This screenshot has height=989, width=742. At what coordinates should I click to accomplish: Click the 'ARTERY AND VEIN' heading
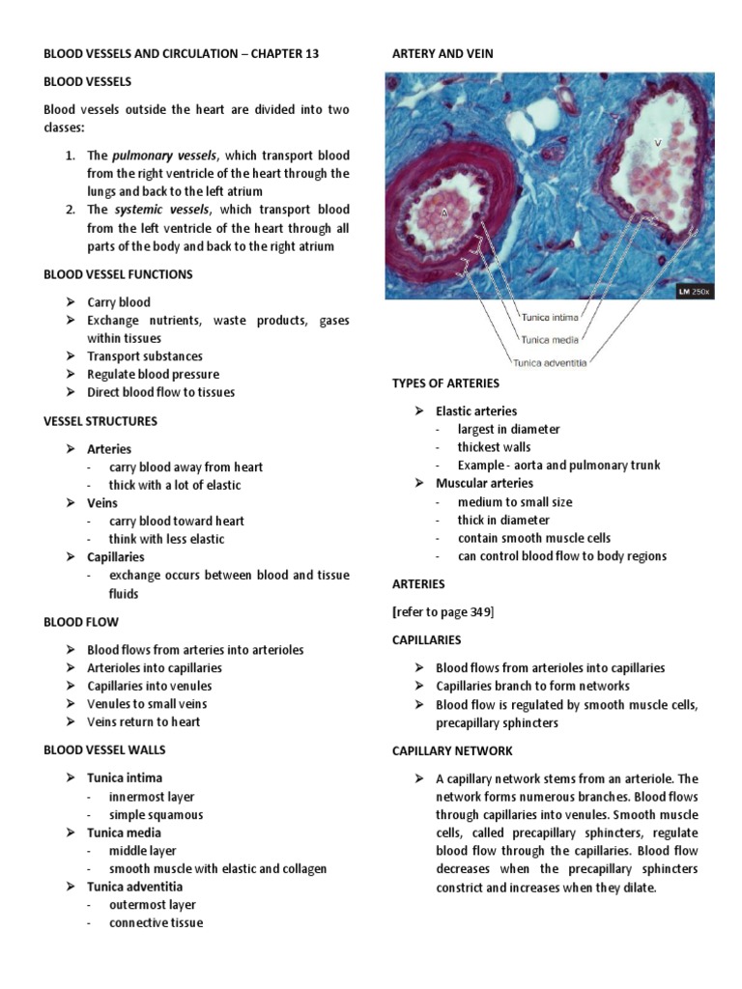[442, 54]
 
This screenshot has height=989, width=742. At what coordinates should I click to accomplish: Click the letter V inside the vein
[657, 143]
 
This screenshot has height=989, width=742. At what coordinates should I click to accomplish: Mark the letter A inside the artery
[444, 214]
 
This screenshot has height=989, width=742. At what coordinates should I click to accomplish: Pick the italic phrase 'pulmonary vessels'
[164, 155]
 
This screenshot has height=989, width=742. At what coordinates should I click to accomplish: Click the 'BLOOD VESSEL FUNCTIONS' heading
[118, 274]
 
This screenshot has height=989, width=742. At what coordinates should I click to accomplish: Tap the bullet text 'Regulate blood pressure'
[153, 375]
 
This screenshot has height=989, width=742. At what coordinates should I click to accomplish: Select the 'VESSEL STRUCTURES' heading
[100, 421]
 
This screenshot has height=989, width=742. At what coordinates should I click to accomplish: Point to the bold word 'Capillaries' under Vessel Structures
[116, 557]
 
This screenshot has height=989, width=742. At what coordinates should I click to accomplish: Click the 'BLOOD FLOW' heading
[81, 623]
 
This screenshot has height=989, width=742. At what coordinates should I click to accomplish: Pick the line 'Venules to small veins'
[147, 704]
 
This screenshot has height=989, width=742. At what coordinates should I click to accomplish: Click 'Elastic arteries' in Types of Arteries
[476, 411]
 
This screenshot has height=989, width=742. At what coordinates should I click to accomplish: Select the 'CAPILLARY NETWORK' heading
[452, 750]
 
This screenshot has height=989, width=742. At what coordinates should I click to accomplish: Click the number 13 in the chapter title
[308, 54]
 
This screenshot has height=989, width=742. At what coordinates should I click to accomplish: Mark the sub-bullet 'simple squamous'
[156, 815]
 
